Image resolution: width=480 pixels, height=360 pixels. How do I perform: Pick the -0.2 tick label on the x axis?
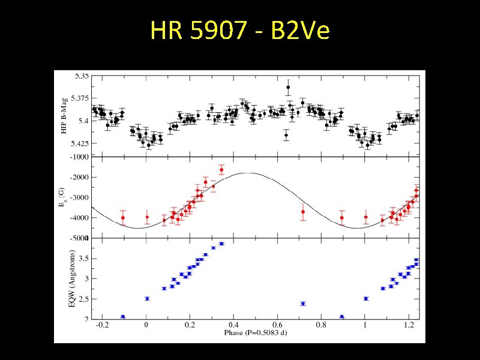pos(102,325)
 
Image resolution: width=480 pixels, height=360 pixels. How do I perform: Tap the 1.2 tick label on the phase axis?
pos(409,325)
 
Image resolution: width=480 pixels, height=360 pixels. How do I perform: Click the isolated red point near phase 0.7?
pos(303,212)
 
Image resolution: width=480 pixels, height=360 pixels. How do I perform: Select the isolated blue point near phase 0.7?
pos(303,304)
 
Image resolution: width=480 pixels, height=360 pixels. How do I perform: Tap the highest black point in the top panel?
pos(288,88)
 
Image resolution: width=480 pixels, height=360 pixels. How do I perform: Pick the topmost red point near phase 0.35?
pos(221,170)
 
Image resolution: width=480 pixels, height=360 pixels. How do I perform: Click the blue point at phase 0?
pos(147,298)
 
